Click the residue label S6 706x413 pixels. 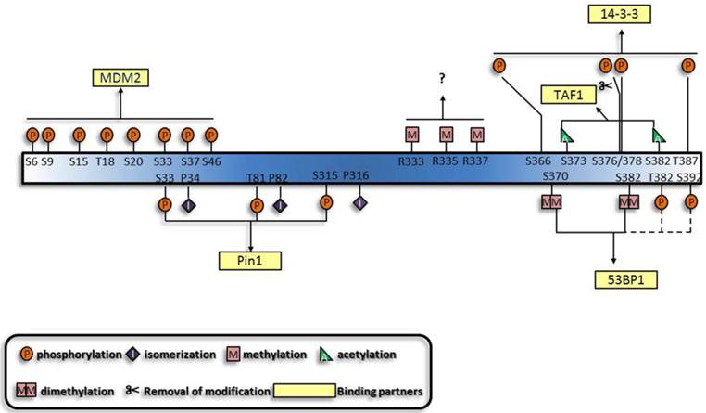31,161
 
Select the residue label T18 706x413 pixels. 107,161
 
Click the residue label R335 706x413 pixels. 446,161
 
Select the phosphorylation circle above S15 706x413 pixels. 79,136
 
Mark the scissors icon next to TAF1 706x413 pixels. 605,87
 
